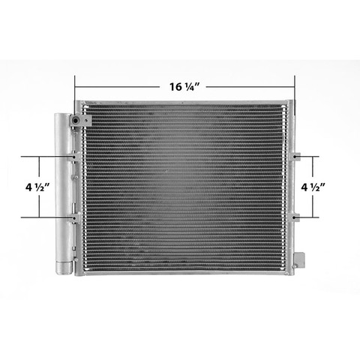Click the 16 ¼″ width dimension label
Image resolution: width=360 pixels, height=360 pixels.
184,87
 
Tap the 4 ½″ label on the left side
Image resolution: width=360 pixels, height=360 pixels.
37,187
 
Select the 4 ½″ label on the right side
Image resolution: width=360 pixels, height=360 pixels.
313,187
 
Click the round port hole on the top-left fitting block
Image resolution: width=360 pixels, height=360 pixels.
75,121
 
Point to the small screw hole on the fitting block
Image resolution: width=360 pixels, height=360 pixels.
86,121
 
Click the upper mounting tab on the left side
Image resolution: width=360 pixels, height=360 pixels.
76,157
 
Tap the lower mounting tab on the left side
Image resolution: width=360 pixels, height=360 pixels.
76,217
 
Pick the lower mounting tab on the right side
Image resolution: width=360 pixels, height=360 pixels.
295,217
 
